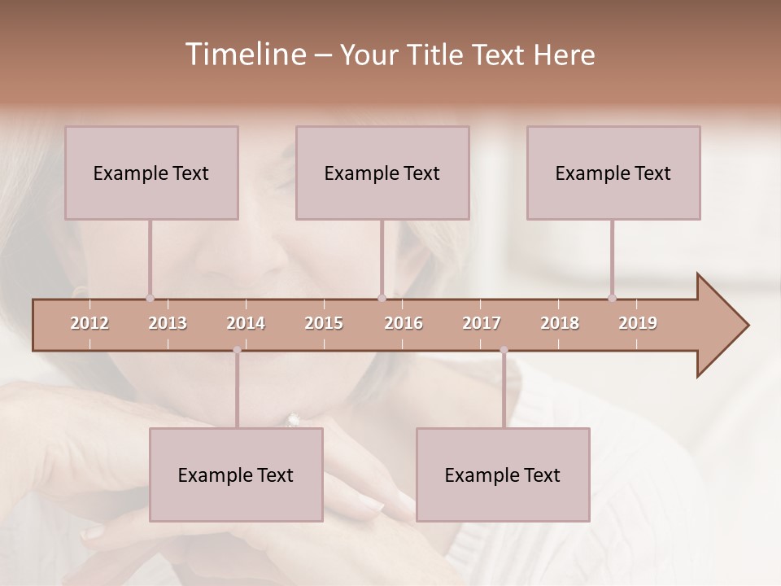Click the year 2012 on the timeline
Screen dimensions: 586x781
point(89,323)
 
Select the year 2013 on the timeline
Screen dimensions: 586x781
point(168,323)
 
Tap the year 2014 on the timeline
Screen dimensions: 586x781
point(246,323)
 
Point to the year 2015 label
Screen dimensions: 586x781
point(324,323)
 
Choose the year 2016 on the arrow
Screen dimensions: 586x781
point(404,323)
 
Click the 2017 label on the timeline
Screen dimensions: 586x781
point(482,323)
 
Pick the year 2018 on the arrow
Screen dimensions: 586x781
point(560,323)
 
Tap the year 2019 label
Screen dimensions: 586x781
point(638,323)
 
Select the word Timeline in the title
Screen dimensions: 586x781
point(244,55)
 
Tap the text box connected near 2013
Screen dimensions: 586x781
point(151,173)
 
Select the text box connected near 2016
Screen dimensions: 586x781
point(382,173)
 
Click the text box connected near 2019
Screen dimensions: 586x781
point(613,173)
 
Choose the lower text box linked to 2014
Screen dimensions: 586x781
point(236,474)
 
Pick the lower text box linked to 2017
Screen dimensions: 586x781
point(503,474)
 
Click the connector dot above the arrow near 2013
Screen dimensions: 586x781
point(150,298)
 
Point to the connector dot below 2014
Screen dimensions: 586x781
point(237,350)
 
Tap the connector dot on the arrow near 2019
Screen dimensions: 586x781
point(612,298)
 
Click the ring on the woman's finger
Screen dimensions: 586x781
point(293,420)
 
